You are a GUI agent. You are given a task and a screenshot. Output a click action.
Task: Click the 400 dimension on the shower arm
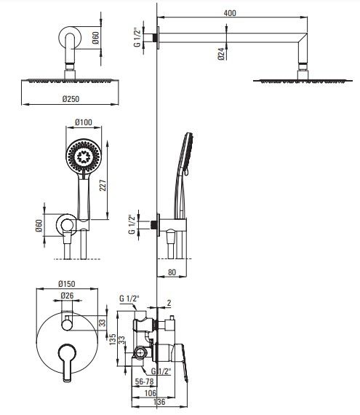coord(230,12)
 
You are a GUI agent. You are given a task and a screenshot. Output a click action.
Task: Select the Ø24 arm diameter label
coord(222,54)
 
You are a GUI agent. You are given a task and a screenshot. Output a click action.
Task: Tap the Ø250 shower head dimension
coord(71,99)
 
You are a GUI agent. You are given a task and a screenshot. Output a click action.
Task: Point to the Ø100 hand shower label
coord(84,122)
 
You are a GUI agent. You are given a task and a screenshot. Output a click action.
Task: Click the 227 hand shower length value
coord(103,185)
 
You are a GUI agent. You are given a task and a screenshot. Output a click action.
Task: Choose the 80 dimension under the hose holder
coord(172,272)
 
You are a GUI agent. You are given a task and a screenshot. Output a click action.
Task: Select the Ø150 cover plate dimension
coord(67,284)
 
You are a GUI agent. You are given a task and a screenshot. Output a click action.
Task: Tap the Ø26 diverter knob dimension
coord(67,296)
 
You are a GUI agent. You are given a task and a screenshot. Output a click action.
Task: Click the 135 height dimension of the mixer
coord(113,339)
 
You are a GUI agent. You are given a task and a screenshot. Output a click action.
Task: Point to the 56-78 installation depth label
coord(144,382)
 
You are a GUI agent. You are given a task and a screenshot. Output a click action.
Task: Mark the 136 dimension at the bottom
coord(159,402)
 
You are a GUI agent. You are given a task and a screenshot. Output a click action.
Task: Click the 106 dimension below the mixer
coord(150,392)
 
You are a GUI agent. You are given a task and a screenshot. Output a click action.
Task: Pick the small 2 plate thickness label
coord(169,303)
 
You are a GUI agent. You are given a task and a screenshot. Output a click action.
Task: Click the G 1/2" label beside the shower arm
coord(137,37)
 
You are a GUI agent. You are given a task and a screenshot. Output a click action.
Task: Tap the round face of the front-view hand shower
coord(84,157)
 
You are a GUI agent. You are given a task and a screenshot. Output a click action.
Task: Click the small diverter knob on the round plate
coord(67,325)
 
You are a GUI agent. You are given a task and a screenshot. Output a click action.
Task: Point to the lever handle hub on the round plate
coord(67,352)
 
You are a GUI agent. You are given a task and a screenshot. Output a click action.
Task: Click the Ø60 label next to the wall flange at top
coord(95,38)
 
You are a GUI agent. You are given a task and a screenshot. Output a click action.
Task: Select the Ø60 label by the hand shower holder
coord(39,225)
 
